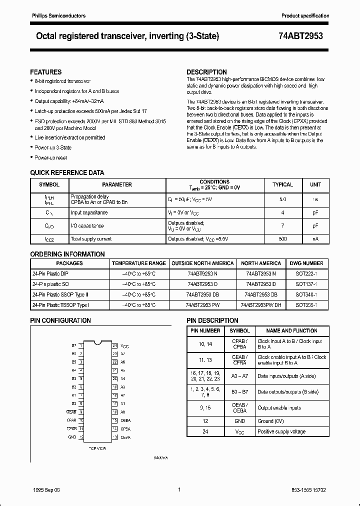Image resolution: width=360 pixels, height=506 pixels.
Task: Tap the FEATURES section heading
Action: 46,72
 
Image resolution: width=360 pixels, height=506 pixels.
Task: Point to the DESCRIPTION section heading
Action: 206,72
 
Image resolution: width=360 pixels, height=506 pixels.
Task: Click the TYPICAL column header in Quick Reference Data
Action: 282,184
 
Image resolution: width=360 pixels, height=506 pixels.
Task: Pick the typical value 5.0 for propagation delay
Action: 282,199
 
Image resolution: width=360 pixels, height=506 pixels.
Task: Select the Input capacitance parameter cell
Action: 89,212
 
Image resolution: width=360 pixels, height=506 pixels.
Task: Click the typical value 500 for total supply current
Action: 282,239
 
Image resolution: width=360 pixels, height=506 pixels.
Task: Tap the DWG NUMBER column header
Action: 306,263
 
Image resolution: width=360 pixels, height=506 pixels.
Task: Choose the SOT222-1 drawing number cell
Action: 306,274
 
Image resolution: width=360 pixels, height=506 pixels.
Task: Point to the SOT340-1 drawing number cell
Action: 306,294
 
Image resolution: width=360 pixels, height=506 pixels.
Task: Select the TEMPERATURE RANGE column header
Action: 138,263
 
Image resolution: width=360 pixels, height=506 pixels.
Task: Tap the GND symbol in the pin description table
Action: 239,421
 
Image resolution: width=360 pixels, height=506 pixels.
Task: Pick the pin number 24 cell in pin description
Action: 205,431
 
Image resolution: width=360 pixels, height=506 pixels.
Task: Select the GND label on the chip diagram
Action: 72,437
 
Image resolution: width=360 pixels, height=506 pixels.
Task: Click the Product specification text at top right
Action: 305,16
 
